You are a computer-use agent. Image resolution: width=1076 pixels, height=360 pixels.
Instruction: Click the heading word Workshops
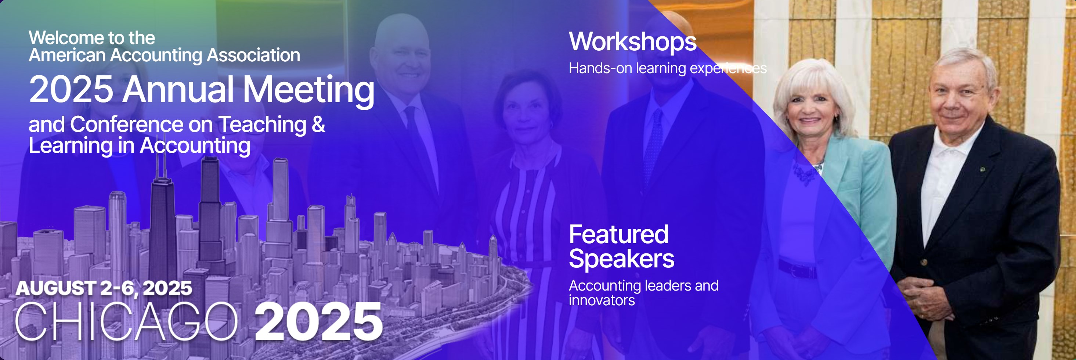point(632,42)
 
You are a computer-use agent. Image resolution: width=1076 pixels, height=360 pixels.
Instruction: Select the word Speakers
point(621,259)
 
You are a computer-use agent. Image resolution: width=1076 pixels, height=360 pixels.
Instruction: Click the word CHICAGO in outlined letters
point(126,321)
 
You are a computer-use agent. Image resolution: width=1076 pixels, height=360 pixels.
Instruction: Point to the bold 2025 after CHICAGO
point(319,321)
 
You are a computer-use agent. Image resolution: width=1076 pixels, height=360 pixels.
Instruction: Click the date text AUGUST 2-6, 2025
point(104,288)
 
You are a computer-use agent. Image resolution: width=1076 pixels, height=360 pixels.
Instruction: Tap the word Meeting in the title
point(309,89)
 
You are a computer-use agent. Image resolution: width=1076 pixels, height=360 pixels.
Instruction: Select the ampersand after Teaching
point(318,124)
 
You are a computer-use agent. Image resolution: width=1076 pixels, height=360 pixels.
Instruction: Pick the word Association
point(253,55)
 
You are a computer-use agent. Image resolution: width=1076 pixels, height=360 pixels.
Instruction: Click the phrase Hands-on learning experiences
point(668,68)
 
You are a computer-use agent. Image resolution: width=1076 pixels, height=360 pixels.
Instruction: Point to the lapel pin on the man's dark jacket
point(982,169)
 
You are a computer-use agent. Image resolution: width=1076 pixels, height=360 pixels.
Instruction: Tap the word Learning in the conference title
point(71,146)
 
